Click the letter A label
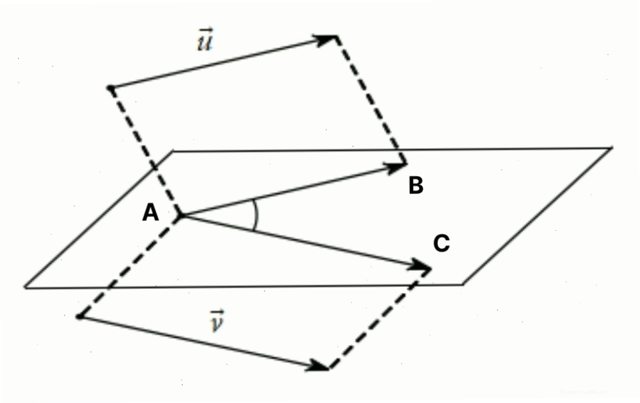150,213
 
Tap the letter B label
416,185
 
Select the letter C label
441,244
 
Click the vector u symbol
205,39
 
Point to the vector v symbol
217,321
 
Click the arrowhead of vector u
326,39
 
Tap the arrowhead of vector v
318,366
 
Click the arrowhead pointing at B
395,167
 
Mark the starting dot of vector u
110,87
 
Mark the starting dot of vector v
80,316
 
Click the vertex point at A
181,216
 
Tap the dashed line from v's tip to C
380,319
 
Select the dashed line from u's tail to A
145,151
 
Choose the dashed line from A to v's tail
131,266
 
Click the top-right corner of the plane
612,148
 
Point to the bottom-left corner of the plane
25,288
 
